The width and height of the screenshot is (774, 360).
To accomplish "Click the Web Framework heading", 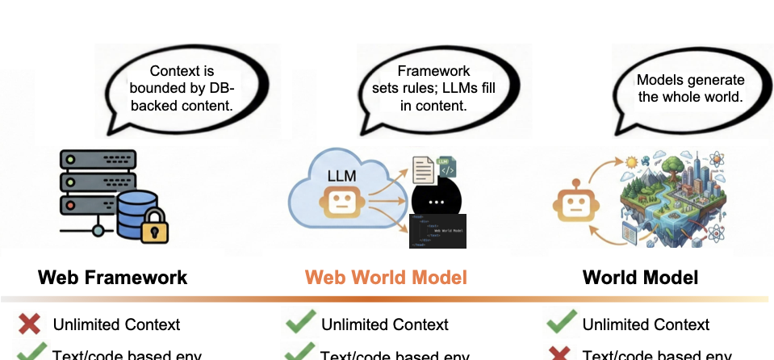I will [x=112, y=278].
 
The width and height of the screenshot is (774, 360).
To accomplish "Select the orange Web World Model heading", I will [x=386, y=278].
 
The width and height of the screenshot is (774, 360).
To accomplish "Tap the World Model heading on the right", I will [x=641, y=278].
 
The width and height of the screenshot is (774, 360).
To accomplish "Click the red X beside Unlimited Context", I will [x=30, y=324].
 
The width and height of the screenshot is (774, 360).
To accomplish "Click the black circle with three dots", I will [x=436, y=201].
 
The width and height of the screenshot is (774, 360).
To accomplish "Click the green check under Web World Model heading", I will [x=299, y=324].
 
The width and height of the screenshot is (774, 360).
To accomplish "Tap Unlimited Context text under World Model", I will [x=646, y=324].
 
